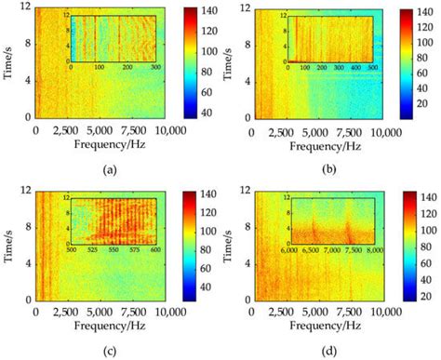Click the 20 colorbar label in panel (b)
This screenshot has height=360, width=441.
tap(423, 118)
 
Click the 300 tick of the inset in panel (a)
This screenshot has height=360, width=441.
tap(154, 67)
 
